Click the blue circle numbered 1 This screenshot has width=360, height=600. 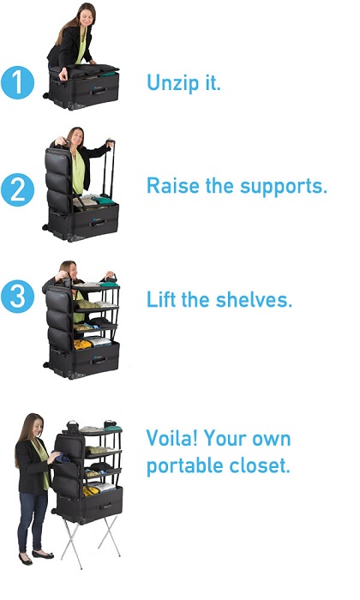point(18,82)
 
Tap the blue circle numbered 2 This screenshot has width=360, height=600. point(18,189)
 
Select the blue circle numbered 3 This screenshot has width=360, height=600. point(18,297)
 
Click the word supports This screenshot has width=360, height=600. point(284,187)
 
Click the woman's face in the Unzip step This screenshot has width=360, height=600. point(85,17)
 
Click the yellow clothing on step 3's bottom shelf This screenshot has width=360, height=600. point(82,344)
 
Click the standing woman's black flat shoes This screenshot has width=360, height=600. point(36,557)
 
